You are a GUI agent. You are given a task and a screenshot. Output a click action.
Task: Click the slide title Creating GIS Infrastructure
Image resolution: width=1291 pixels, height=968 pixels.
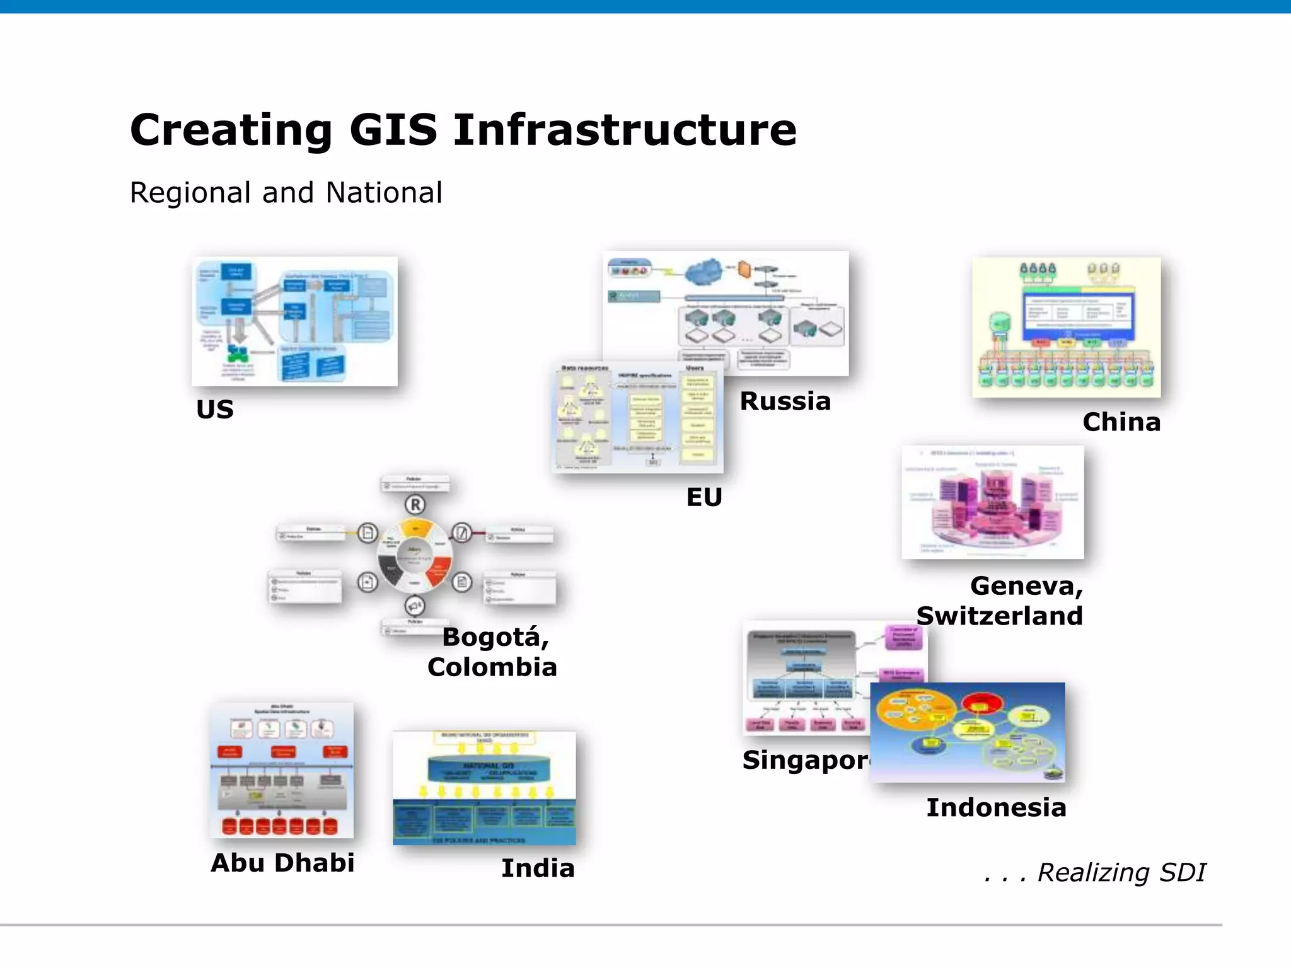463,130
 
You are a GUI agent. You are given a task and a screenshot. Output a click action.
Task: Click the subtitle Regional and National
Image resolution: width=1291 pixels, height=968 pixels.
286,193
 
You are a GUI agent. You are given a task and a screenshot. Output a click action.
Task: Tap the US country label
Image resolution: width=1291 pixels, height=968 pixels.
215,410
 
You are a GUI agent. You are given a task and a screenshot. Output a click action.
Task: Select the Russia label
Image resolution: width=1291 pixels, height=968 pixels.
785,401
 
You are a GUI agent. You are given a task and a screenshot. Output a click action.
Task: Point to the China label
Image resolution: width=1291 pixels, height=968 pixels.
1121,422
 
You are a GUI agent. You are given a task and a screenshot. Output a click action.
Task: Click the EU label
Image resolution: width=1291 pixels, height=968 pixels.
703,497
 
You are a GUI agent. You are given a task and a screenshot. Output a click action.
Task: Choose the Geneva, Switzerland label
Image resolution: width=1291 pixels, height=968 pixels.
1000,601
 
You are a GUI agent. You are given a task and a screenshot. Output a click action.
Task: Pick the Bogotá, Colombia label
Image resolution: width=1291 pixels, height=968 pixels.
492,652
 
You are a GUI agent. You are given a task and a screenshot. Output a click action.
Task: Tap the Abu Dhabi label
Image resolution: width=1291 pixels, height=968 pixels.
282,863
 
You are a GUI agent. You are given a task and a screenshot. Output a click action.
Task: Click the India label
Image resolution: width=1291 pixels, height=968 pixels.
538,868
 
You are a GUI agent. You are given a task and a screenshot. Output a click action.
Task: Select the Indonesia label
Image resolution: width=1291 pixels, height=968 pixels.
996,807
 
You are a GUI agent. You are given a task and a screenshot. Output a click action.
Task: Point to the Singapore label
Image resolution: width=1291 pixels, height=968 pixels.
806,760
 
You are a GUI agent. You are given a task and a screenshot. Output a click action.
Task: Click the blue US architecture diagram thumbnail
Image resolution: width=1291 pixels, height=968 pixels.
294,321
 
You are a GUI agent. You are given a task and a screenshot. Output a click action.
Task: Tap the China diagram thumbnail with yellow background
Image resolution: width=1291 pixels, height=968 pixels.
1066,327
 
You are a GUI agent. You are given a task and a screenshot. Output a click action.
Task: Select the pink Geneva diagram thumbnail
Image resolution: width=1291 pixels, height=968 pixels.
992,502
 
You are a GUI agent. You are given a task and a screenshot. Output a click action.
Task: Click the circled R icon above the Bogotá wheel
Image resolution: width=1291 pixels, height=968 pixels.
415,505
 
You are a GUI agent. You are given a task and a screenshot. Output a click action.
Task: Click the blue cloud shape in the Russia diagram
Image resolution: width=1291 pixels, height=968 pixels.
705,272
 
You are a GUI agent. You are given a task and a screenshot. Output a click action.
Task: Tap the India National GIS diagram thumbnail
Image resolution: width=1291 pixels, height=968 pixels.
484,788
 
